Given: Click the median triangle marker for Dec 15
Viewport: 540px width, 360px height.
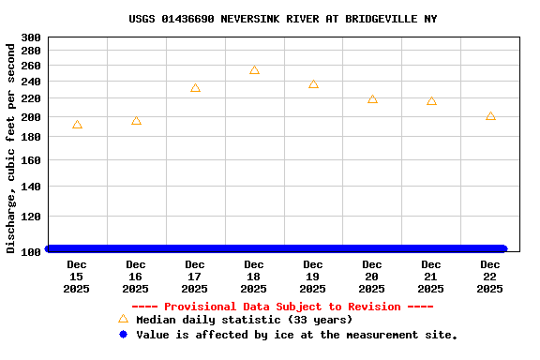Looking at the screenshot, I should coord(77,125).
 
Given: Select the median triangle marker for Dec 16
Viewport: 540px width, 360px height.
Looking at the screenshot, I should coord(136,121).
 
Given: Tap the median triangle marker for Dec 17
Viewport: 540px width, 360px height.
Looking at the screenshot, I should coord(195,88).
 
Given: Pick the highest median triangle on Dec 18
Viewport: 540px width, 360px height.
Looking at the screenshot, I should coord(254,70).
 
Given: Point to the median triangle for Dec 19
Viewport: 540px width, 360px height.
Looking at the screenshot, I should coord(313,84).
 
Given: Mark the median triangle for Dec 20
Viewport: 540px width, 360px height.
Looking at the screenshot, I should coord(372,98).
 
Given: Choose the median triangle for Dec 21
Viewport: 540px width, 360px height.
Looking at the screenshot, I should coord(431,100).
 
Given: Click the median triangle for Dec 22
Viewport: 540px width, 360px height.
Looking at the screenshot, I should coord(490,116).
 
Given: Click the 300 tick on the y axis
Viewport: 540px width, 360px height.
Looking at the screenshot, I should coord(30,37).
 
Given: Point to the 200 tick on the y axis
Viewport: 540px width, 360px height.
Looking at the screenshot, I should coord(30,117).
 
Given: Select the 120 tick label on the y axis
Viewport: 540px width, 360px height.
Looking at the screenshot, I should coord(30,217).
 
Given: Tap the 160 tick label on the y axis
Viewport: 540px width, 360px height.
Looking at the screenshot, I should coord(30,160).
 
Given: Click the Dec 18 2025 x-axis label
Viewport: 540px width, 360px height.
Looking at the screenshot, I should coord(254,277).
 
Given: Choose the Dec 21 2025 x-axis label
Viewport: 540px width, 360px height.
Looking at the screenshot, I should coord(431,277).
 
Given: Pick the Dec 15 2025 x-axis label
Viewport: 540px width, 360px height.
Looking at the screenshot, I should coord(77,277).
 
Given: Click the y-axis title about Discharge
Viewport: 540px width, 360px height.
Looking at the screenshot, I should coord(11,147).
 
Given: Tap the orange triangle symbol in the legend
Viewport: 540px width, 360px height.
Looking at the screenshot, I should coord(123,319).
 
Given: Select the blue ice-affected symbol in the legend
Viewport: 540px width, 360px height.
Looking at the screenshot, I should coord(123,335).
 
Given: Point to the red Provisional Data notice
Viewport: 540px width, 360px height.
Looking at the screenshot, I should coord(282,307).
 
